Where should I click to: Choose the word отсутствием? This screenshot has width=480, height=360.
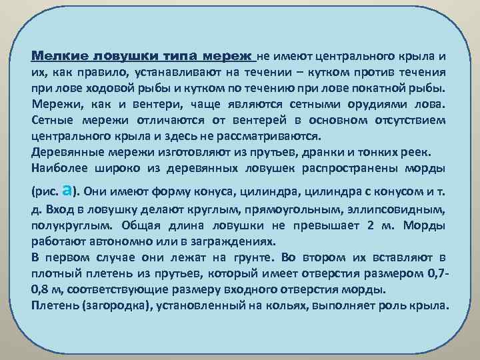(407, 120)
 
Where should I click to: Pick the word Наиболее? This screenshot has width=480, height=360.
(55, 169)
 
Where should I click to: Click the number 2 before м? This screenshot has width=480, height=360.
(371, 225)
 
